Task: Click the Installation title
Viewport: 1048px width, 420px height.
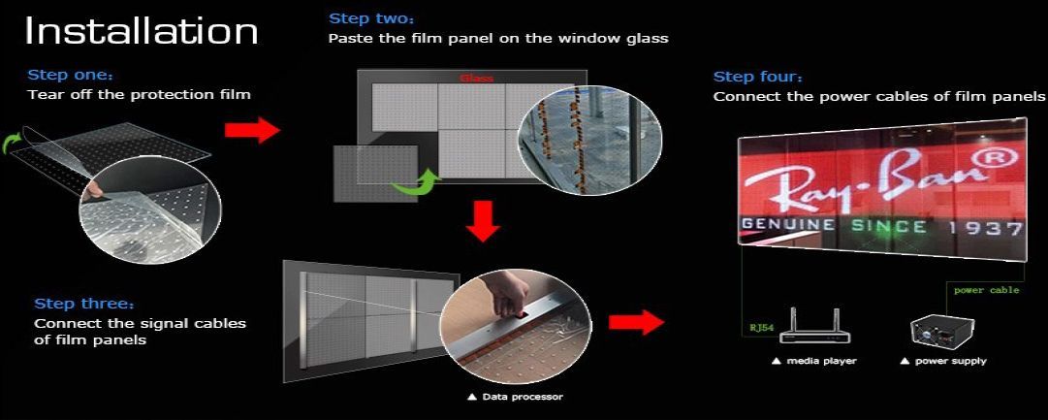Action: coord(141,31)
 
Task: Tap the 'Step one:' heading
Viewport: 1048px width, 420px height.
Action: coord(67,75)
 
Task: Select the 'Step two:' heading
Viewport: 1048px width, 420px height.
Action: coord(367,18)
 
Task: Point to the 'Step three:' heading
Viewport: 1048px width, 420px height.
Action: coord(84,304)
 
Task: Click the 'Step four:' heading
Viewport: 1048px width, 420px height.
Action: coord(758,77)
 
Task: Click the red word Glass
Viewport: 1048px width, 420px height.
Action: coord(477,79)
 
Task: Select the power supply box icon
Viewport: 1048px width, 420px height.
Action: coord(938,331)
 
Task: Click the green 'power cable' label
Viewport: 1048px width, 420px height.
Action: coord(987,290)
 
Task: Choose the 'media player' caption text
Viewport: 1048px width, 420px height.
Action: coord(813,361)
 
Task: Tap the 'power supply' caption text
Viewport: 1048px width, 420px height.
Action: coord(943,361)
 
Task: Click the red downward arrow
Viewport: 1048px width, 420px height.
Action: coord(483,221)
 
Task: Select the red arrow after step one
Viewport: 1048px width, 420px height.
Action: coord(252,130)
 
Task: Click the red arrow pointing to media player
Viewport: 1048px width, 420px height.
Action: coord(636,322)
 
